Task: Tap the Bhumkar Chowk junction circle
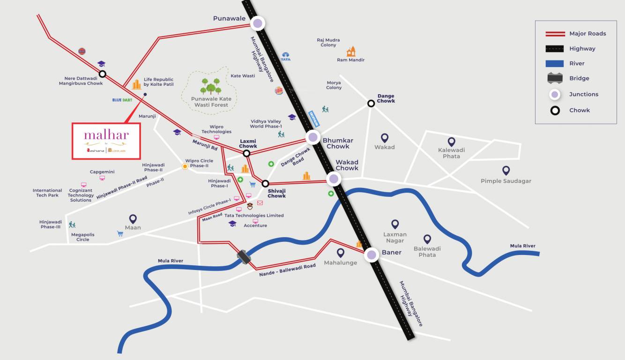click(x=313, y=137)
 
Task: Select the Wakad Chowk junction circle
click(x=334, y=178)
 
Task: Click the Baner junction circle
click(x=372, y=255)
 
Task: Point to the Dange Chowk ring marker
click(x=371, y=103)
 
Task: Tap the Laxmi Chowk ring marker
click(x=246, y=153)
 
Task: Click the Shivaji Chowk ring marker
click(x=265, y=184)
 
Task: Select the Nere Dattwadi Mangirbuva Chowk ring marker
click(x=102, y=74)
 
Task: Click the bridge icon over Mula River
click(x=244, y=256)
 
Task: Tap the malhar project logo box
click(x=106, y=141)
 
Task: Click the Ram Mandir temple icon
click(x=351, y=52)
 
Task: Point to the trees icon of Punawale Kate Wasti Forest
click(x=211, y=86)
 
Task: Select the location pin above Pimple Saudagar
click(x=506, y=171)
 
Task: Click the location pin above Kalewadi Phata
click(x=451, y=142)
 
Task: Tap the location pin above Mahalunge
click(x=341, y=253)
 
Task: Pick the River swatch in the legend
click(x=555, y=63)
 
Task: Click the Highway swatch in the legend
click(x=555, y=48)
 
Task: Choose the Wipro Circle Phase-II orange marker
click(x=186, y=166)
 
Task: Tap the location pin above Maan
click(x=133, y=219)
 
